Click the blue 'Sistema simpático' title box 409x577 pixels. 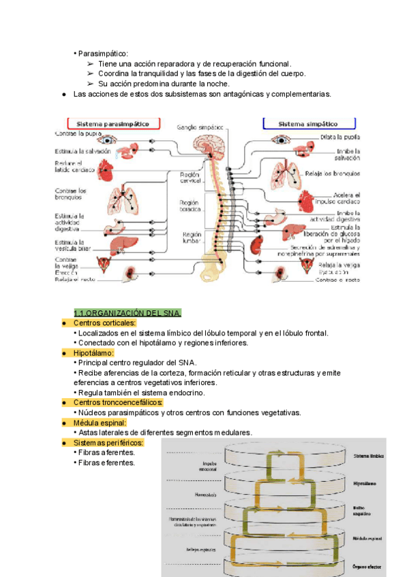coord(309,124)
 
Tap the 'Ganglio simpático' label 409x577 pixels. coord(200,127)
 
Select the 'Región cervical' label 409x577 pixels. coord(190,179)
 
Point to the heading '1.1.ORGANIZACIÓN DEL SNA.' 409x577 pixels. coord(127,313)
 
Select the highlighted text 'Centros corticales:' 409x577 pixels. coord(104,323)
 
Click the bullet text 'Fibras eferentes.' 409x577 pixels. coord(106,463)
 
